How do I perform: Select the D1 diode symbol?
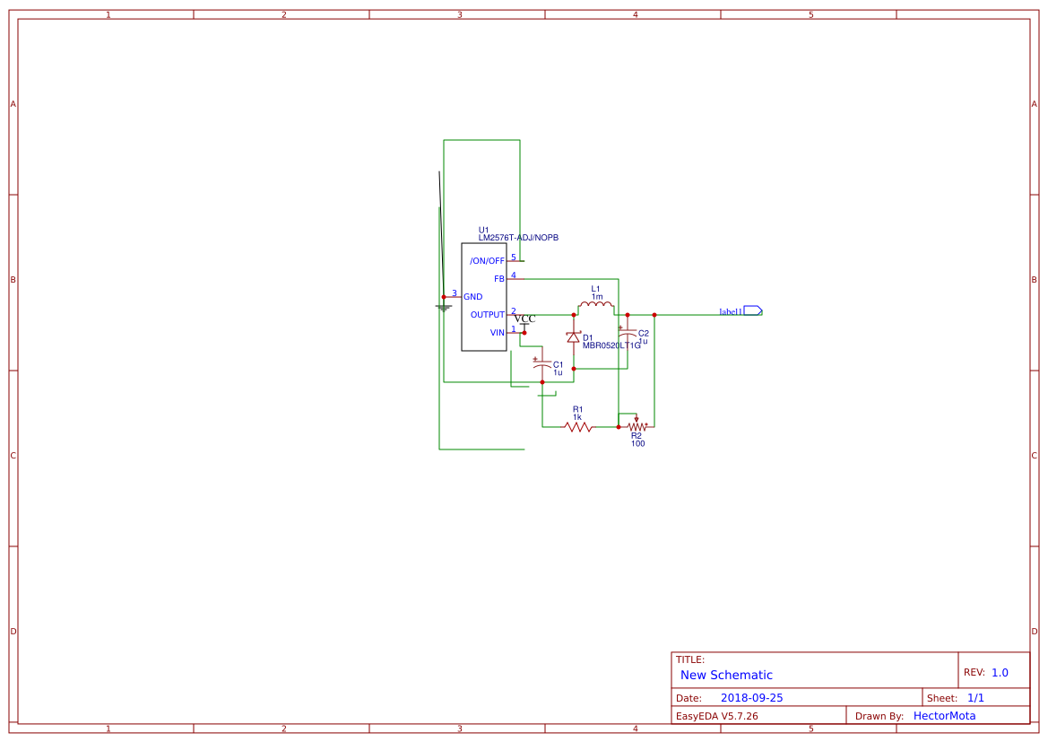(x=573, y=337)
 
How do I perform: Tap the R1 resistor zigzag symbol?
(x=578, y=427)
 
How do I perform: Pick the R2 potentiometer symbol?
(x=636, y=426)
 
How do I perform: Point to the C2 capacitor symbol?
(x=628, y=335)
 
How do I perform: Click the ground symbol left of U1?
(x=443, y=308)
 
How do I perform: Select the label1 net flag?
(x=752, y=311)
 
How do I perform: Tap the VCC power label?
(x=524, y=319)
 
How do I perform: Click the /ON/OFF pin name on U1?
(x=487, y=261)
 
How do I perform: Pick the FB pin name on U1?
(x=499, y=279)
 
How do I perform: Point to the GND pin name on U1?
(x=472, y=297)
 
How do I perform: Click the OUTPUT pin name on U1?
(x=488, y=315)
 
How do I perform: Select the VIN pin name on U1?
(x=497, y=333)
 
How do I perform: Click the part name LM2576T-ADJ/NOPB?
(x=518, y=238)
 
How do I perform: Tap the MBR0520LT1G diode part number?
(x=611, y=345)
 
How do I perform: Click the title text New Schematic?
(x=726, y=675)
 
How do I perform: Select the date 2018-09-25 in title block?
(x=751, y=697)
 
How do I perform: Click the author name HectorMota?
(x=944, y=716)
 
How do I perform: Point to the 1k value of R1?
(x=577, y=417)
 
